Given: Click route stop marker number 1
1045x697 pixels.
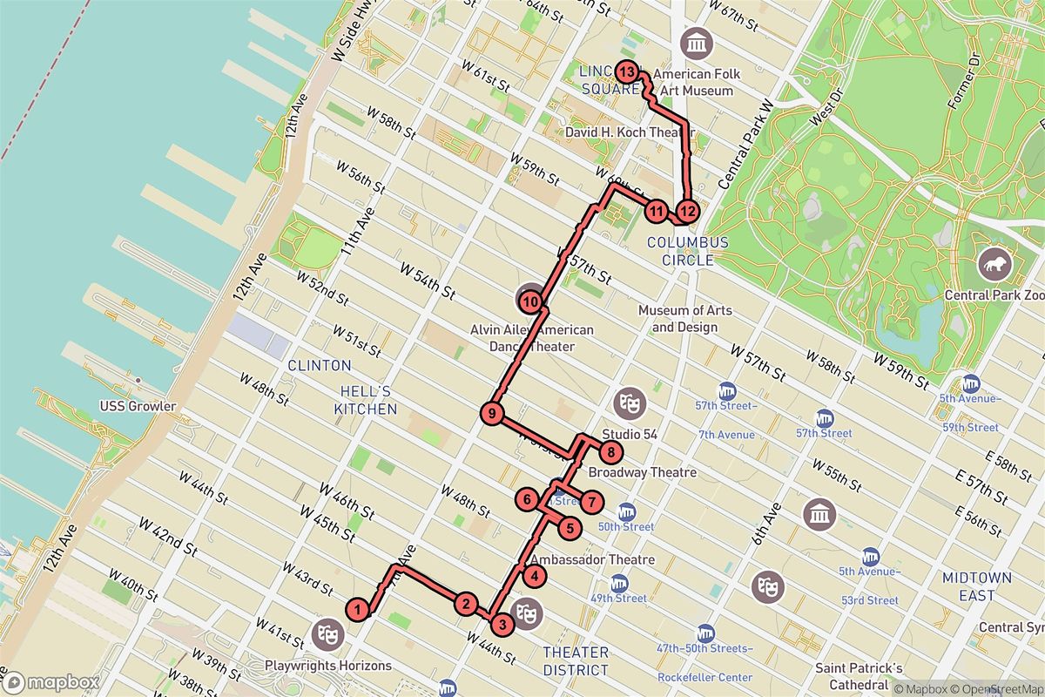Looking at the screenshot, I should pyautogui.click(x=356, y=609).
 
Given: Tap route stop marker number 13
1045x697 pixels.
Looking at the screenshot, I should pyautogui.click(x=626, y=71).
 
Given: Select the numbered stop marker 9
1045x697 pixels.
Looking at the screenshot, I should pyautogui.click(x=492, y=414).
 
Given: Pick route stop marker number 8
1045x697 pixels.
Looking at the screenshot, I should pyautogui.click(x=611, y=452).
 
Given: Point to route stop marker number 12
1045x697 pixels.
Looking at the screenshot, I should pyautogui.click(x=688, y=210).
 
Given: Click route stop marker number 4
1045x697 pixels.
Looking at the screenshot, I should pyautogui.click(x=534, y=575).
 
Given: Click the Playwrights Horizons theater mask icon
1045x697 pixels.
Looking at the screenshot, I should pyautogui.click(x=329, y=633).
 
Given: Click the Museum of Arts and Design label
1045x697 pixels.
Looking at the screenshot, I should pyautogui.click(x=685, y=319).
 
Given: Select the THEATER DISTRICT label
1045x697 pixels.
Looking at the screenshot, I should pyautogui.click(x=575, y=661).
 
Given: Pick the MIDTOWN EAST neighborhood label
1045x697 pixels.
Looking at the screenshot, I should pyautogui.click(x=976, y=587).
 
